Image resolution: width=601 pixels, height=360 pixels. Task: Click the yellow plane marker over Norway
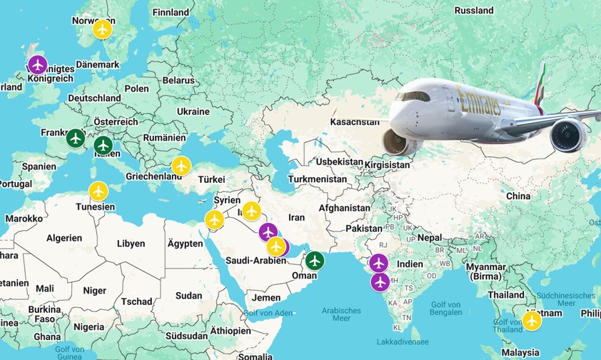[103, 29]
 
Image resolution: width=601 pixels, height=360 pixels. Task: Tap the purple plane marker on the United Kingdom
[37, 65]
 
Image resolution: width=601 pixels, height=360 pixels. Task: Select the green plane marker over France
[76, 138]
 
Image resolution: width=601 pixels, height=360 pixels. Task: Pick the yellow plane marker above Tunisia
[99, 191]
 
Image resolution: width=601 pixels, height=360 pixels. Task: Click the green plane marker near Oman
[314, 261]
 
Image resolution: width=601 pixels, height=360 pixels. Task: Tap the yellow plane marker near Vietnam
[532, 321]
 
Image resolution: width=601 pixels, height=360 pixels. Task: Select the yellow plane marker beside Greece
[181, 166]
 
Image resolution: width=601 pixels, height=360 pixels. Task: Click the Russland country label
[474, 11]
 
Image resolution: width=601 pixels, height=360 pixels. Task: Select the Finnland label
[171, 12]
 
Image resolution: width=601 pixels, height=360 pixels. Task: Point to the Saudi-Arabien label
[255, 261]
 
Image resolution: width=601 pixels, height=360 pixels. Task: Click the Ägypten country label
[186, 244]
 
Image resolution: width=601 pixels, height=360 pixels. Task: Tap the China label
[518, 196]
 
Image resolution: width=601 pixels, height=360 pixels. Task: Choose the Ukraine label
[193, 111]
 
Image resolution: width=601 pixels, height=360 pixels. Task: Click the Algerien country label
[65, 238]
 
